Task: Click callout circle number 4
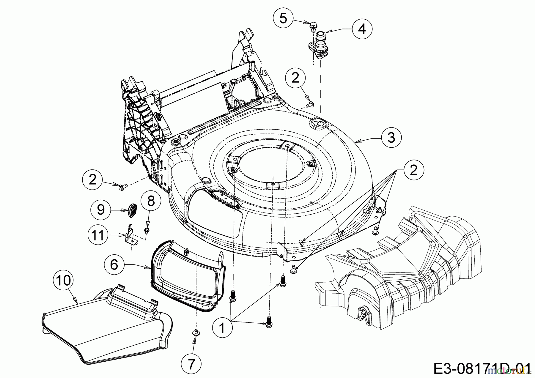tap(362, 29)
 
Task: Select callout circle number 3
tap(391, 138)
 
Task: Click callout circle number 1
tap(222, 328)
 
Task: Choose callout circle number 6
tap(114, 264)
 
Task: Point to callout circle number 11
tap(98, 236)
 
